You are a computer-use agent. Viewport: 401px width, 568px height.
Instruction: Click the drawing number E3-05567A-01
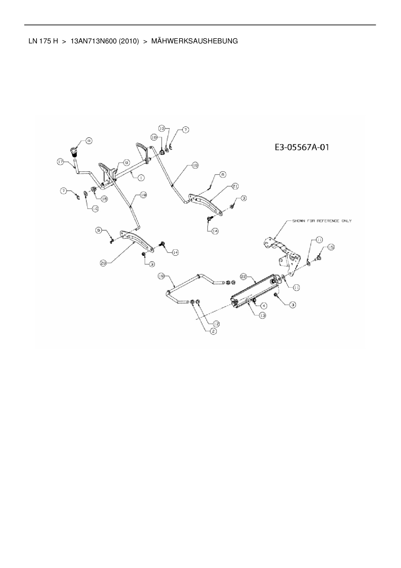(x=302, y=148)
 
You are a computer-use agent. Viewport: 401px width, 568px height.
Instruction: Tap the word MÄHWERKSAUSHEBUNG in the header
(x=194, y=41)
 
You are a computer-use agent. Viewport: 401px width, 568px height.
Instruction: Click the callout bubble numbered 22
(x=244, y=276)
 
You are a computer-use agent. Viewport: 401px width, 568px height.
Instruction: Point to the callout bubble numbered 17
(x=60, y=162)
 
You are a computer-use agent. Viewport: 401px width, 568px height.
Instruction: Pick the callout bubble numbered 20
(x=103, y=263)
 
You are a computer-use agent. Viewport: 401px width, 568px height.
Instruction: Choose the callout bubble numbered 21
(x=235, y=186)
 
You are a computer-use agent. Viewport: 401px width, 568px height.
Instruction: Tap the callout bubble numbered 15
(x=331, y=247)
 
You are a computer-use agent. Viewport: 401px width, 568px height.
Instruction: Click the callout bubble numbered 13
(x=262, y=315)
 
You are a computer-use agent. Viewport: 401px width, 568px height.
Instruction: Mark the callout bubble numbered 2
(x=213, y=331)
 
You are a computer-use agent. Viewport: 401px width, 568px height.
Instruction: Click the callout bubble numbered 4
(x=264, y=305)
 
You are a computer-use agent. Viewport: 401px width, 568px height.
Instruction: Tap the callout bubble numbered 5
(x=99, y=230)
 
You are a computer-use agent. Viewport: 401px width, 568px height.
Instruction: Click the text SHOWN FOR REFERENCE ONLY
(x=322, y=221)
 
